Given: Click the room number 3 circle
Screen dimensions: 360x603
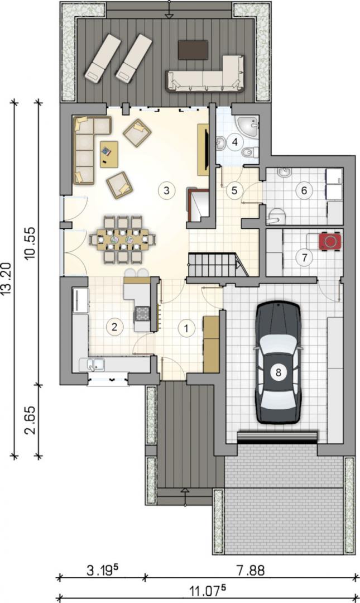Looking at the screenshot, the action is coord(166,190).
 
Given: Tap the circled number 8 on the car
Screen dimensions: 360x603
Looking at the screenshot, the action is coord(279,372).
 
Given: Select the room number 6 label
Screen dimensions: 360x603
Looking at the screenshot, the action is coord(304,190).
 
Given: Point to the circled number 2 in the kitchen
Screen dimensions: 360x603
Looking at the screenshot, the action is coord(114,327).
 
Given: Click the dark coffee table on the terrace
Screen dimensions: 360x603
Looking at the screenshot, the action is coord(193,50).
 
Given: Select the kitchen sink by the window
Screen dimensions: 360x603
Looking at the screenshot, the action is coord(92,364).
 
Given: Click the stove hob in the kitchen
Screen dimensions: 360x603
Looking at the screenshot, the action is coord(142,313).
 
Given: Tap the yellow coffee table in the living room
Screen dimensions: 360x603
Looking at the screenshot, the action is coord(109,154).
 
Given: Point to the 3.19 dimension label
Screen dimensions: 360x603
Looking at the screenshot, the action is coord(102,570).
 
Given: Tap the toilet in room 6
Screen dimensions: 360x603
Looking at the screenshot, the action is coord(277,216).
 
